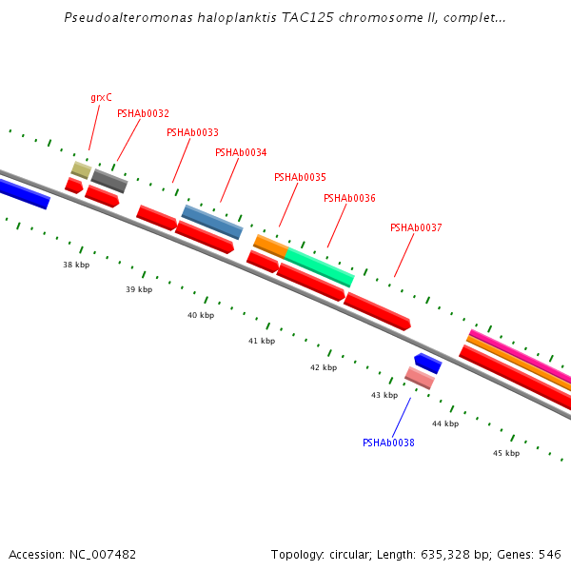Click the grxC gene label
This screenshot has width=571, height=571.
pyautogui.click(x=101, y=97)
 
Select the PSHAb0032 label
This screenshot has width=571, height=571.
pyautogui.click(x=143, y=113)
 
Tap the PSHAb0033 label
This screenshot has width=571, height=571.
pyautogui.click(x=192, y=133)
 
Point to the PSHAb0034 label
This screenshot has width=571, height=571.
pyautogui.click(x=241, y=152)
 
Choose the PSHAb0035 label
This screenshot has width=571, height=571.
pyautogui.click(x=300, y=177)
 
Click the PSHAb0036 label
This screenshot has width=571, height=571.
pyautogui.click(x=349, y=198)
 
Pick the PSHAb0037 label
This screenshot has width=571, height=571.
pyautogui.click(x=416, y=227)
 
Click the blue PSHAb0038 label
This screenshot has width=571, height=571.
pyautogui.click(x=388, y=443)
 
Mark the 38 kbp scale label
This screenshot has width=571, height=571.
pyautogui.click(x=76, y=265)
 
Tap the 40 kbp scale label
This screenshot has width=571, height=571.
pyautogui.click(x=201, y=315)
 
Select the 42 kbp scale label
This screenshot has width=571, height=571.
pyautogui.click(x=324, y=367)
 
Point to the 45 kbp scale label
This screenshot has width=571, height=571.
pyautogui.click(x=506, y=453)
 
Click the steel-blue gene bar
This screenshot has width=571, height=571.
pyautogui.click(x=212, y=222)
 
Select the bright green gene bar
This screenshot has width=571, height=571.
pyautogui.click(x=320, y=266)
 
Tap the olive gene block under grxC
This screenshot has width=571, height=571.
pyautogui.click(x=81, y=169)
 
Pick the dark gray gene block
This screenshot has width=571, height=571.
pyautogui.click(x=108, y=181)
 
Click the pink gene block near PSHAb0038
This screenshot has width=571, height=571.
pyautogui.click(x=420, y=378)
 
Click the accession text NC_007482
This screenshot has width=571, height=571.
pyautogui.click(x=99, y=554)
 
